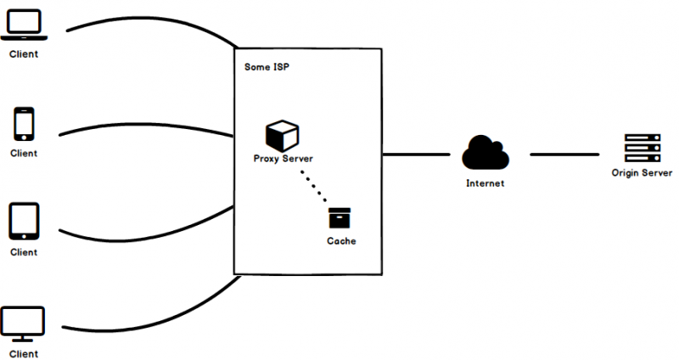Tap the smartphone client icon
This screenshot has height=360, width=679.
pyautogui.click(x=24, y=125)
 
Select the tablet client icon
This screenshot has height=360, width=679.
pyautogui.click(x=24, y=222)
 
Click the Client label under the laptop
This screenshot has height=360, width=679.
pyautogui.click(x=24, y=54)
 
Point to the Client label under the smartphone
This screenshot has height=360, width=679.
pyautogui.click(x=24, y=154)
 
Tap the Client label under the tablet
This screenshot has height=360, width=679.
pyautogui.click(x=24, y=252)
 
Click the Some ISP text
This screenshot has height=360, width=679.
pyautogui.click(x=265, y=65)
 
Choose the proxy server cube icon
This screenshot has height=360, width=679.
pyautogui.click(x=282, y=135)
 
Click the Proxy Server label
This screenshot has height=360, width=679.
pyautogui.click(x=283, y=159)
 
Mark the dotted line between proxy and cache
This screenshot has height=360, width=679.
pyautogui.click(x=313, y=186)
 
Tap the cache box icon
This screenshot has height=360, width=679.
pyautogui.click(x=340, y=218)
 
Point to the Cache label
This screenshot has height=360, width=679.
pyautogui.click(x=341, y=242)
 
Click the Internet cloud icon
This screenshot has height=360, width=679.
pyautogui.click(x=485, y=154)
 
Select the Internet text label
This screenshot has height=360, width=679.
pyautogui.click(x=485, y=183)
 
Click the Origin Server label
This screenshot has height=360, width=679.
pyautogui.click(x=642, y=173)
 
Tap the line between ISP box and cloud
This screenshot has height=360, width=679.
pyautogui.click(x=416, y=155)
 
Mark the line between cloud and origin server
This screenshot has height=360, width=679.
pyautogui.click(x=564, y=155)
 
